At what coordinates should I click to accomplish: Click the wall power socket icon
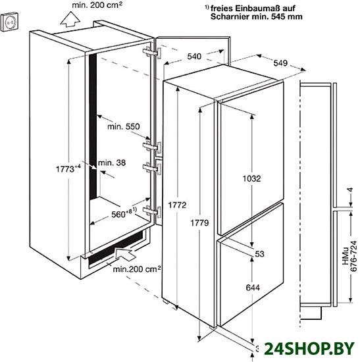[9, 22]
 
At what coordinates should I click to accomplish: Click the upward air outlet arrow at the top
[70, 19]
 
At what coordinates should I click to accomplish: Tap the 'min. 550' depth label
[124, 126]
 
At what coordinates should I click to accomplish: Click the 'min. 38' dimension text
[112, 163]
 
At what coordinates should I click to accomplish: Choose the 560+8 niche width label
[124, 213]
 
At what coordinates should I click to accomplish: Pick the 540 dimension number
[194, 57]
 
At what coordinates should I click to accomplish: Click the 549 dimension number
[280, 63]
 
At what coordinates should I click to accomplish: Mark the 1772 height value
[177, 205]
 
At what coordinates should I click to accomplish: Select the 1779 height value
[199, 223]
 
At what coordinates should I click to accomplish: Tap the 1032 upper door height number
[251, 178]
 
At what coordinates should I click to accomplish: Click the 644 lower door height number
[253, 288]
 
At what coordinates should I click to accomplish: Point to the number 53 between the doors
[259, 254]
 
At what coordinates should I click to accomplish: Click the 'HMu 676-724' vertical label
[350, 257]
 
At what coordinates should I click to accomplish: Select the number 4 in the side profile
[351, 190]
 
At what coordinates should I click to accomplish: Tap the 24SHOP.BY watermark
[309, 348]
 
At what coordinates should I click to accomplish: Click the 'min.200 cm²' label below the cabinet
[137, 269]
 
